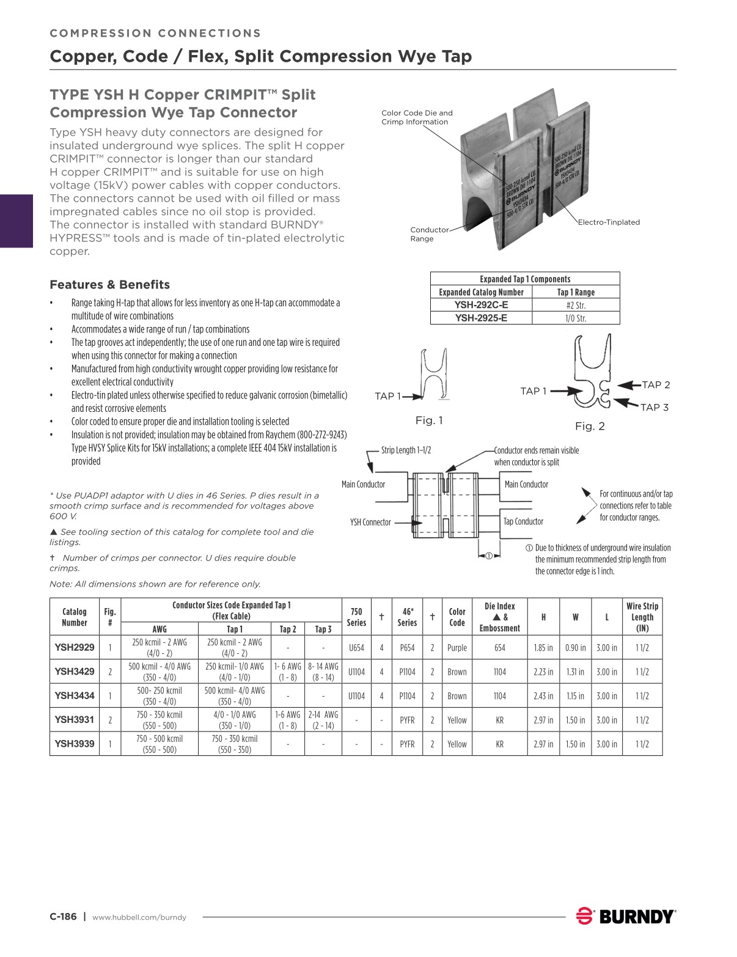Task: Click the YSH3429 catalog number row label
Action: pyautogui.click(x=75, y=672)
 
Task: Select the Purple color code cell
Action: pyautogui.click(x=457, y=648)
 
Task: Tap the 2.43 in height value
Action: pyautogui.click(x=543, y=696)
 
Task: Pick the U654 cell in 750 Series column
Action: pyautogui.click(x=356, y=648)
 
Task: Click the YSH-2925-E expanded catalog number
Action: pyautogui.click(x=481, y=318)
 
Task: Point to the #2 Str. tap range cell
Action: pyautogui.click(x=576, y=305)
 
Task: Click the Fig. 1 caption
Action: pyautogui.click(x=429, y=420)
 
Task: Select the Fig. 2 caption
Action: pyautogui.click(x=590, y=426)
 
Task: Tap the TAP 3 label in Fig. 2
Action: pyautogui.click(x=654, y=408)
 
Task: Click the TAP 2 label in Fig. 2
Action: pyautogui.click(x=656, y=385)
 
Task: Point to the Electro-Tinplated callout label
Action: pyautogui.click(x=609, y=222)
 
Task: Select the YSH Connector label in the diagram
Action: pyautogui.click(x=370, y=522)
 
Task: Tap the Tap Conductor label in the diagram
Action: pyautogui.click(x=523, y=521)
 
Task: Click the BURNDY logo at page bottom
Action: pyautogui.click(x=626, y=917)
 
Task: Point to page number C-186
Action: pyautogui.click(x=63, y=917)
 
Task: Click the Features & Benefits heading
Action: pyautogui.click(x=109, y=285)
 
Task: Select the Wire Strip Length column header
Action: pyautogui.click(x=642, y=617)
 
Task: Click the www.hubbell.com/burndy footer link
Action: pyautogui.click(x=139, y=917)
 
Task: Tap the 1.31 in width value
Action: pyautogui.click(x=575, y=672)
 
